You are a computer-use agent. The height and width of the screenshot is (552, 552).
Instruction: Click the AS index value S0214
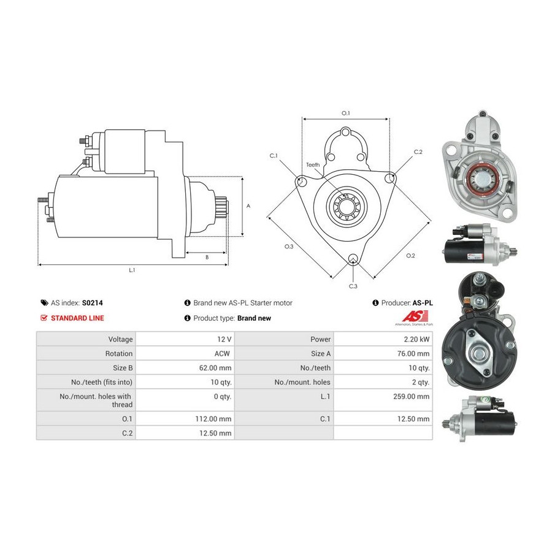click(92, 303)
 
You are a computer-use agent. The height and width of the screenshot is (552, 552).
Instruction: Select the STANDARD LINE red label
click(77, 318)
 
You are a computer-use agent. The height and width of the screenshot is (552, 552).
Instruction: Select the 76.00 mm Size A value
click(415, 353)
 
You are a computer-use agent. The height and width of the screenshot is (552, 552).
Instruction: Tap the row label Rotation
click(119, 353)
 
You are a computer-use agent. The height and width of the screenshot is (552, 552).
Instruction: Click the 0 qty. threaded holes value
click(222, 397)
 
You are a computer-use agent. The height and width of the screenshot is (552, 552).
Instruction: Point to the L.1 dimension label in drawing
click(132, 270)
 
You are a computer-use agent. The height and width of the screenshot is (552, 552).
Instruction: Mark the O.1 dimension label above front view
click(345, 113)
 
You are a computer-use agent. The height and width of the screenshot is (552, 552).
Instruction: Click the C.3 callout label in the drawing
click(353, 286)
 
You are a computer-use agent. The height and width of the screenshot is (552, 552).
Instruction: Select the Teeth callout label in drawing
click(313, 165)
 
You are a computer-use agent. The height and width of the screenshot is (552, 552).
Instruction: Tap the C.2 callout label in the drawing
click(418, 151)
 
